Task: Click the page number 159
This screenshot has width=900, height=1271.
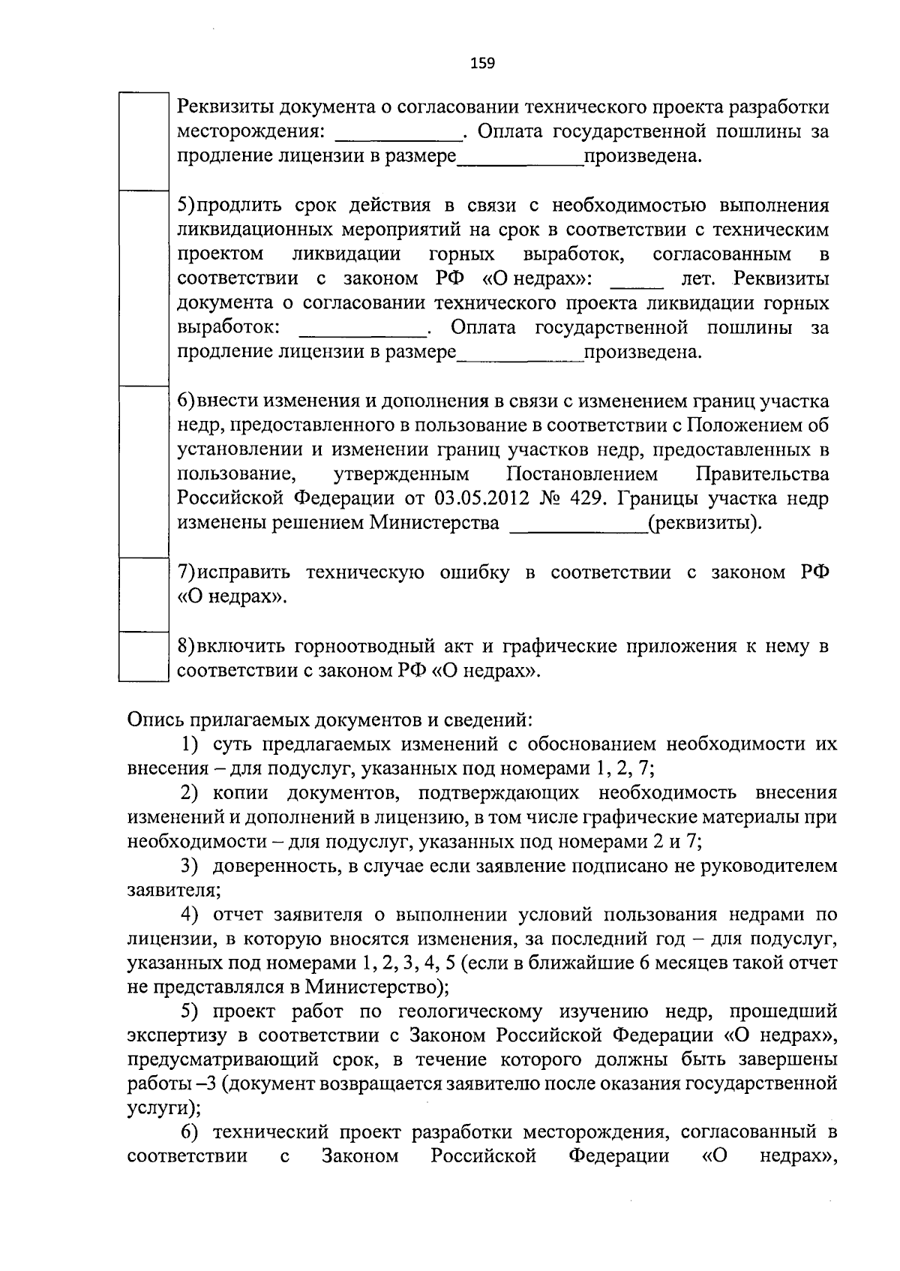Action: pos(482,63)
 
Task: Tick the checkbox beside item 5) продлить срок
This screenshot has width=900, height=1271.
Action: pos(142,287)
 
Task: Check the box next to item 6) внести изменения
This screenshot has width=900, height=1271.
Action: pos(142,471)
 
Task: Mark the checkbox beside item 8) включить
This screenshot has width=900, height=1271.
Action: pos(142,656)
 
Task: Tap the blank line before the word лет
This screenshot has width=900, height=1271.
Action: pos(637,279)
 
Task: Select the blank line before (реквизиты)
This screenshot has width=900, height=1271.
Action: pos(578,523)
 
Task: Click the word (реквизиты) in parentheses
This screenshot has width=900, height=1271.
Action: pos(704,523)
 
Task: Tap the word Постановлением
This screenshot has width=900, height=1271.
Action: pos(582,474)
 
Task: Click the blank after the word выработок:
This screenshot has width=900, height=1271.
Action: pos(363,329)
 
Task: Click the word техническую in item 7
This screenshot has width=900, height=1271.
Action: pos(364,573)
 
